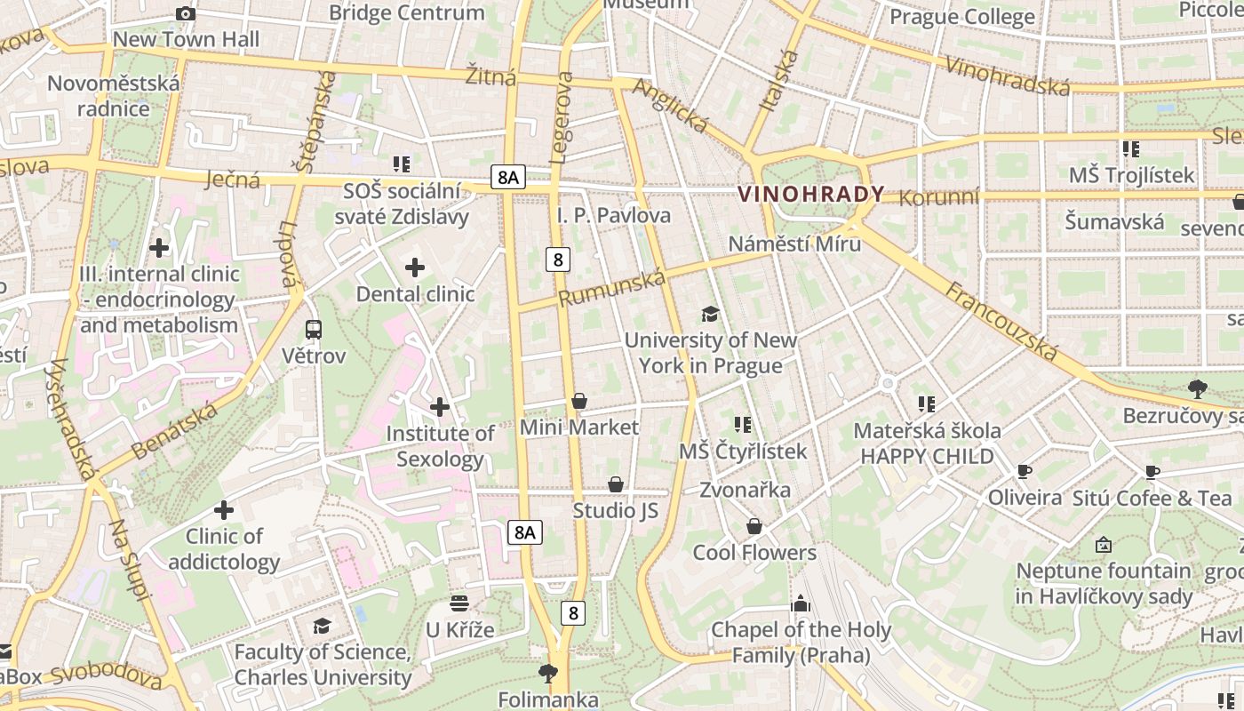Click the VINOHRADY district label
click(x=811, y=194)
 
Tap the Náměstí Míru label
click(x=794, y=244)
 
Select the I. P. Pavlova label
click(x=614, y=216)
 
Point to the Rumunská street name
click(x=612, y=289)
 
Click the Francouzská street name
click(x=1001, y=321)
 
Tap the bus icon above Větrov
click(x=313, y=330)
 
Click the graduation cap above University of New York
click(x=710, y=314)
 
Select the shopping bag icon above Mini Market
click(x=579, y=401)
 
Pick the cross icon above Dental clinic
click(x=415, y=267)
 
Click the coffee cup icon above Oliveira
click(x=1025, y=471)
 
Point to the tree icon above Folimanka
click(x=548, y=673)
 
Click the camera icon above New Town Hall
click(x=186, y=13)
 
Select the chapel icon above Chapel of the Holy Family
click(x=801, y=603)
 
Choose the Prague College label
click(x=961, y=17)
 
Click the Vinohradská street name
click(x=1007, y=76)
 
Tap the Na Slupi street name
click(x=128, y=560)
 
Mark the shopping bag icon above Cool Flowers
click(x=754, y=526)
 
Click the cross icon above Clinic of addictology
click(x=224, y=510)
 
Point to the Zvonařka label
click(x=745, y=490)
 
